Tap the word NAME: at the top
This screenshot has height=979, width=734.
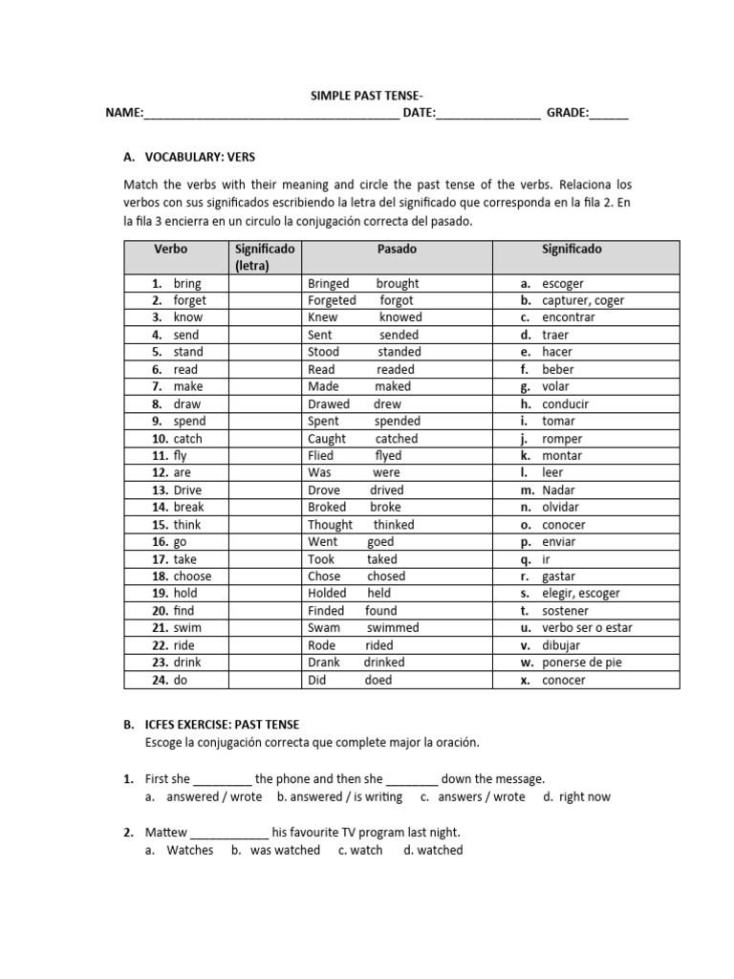point(124,114)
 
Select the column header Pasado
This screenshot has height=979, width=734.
point(397,249)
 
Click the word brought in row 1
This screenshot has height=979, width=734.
point(398,284)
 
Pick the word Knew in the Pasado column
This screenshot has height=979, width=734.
point(323,317)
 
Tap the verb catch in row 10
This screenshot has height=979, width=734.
point(188,439)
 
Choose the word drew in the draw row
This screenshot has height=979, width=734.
point(388,404)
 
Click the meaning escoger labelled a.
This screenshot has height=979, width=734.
point(563,284)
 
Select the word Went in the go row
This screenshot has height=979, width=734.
point(324,542)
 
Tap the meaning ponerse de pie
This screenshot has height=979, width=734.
point(580,663)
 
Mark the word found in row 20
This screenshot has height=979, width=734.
point(380,611)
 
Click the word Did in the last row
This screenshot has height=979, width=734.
point(317,680)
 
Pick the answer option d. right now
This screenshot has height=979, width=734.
point(576,796)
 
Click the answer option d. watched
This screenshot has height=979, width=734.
point(433,850)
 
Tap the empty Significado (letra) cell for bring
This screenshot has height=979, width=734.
point(262,284)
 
